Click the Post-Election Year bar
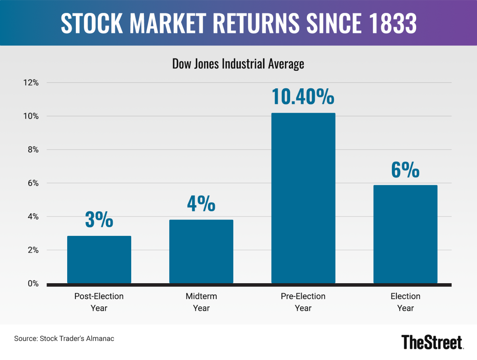99,259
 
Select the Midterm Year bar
201,251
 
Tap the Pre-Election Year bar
303,198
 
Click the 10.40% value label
303,97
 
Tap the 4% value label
201,203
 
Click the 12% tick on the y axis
31,83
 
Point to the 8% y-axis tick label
32,150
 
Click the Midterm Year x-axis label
201,302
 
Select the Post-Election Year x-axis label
99,302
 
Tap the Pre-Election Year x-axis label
303,302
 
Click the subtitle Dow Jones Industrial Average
238,64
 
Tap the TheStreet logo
432,342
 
